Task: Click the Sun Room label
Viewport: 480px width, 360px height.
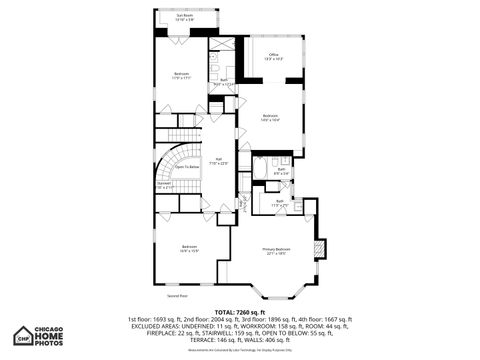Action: (185, 15)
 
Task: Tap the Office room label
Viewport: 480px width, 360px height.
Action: (273, 55)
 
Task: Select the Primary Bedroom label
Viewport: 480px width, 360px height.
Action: (277, 250)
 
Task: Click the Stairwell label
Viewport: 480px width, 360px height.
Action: (164, 184)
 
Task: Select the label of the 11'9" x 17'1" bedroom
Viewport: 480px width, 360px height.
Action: (182, 74)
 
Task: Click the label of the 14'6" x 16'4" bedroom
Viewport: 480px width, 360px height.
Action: (270, 117)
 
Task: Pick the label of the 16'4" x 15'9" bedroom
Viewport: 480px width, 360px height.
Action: (190, 247)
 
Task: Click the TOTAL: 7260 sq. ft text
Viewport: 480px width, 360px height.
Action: (239, 311)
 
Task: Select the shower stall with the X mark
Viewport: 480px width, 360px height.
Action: (225, 46)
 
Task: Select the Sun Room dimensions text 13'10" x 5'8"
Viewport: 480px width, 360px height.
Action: (185, 20)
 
